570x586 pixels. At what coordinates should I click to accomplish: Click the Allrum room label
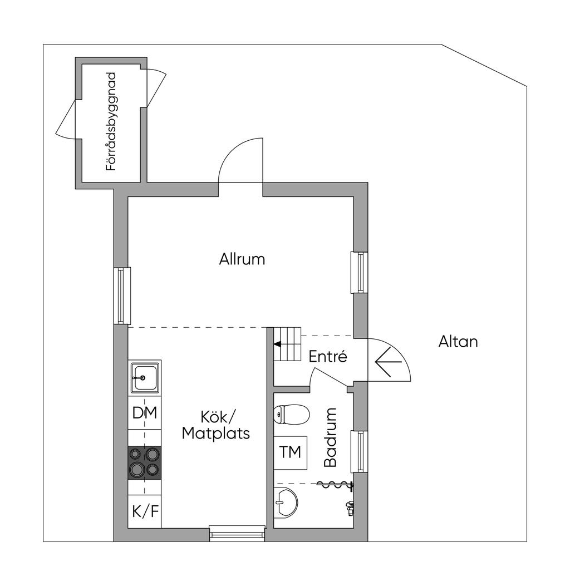coord(242,259)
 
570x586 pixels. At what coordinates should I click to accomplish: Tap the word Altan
coord(458,341)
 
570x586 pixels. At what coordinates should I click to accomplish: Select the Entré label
coord(328,357)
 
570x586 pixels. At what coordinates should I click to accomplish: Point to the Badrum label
coord(331,437)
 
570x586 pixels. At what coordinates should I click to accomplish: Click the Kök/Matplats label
coord(216,425)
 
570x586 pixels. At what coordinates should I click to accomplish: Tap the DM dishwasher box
coord(145,413)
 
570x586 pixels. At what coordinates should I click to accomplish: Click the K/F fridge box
coord(145,511)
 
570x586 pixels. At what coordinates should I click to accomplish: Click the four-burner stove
coord(145,462)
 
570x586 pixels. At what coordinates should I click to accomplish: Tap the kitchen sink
coord(145,377)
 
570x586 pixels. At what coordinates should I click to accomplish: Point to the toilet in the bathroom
coord(291,414)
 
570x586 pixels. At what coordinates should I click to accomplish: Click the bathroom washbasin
coord(285,503)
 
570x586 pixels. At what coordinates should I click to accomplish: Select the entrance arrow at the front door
coord(389,362)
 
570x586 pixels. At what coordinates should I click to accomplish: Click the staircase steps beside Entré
coord(287,344)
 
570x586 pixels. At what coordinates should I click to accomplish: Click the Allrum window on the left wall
coord(122,296)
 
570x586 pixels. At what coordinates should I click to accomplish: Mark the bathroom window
coord(360,451)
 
